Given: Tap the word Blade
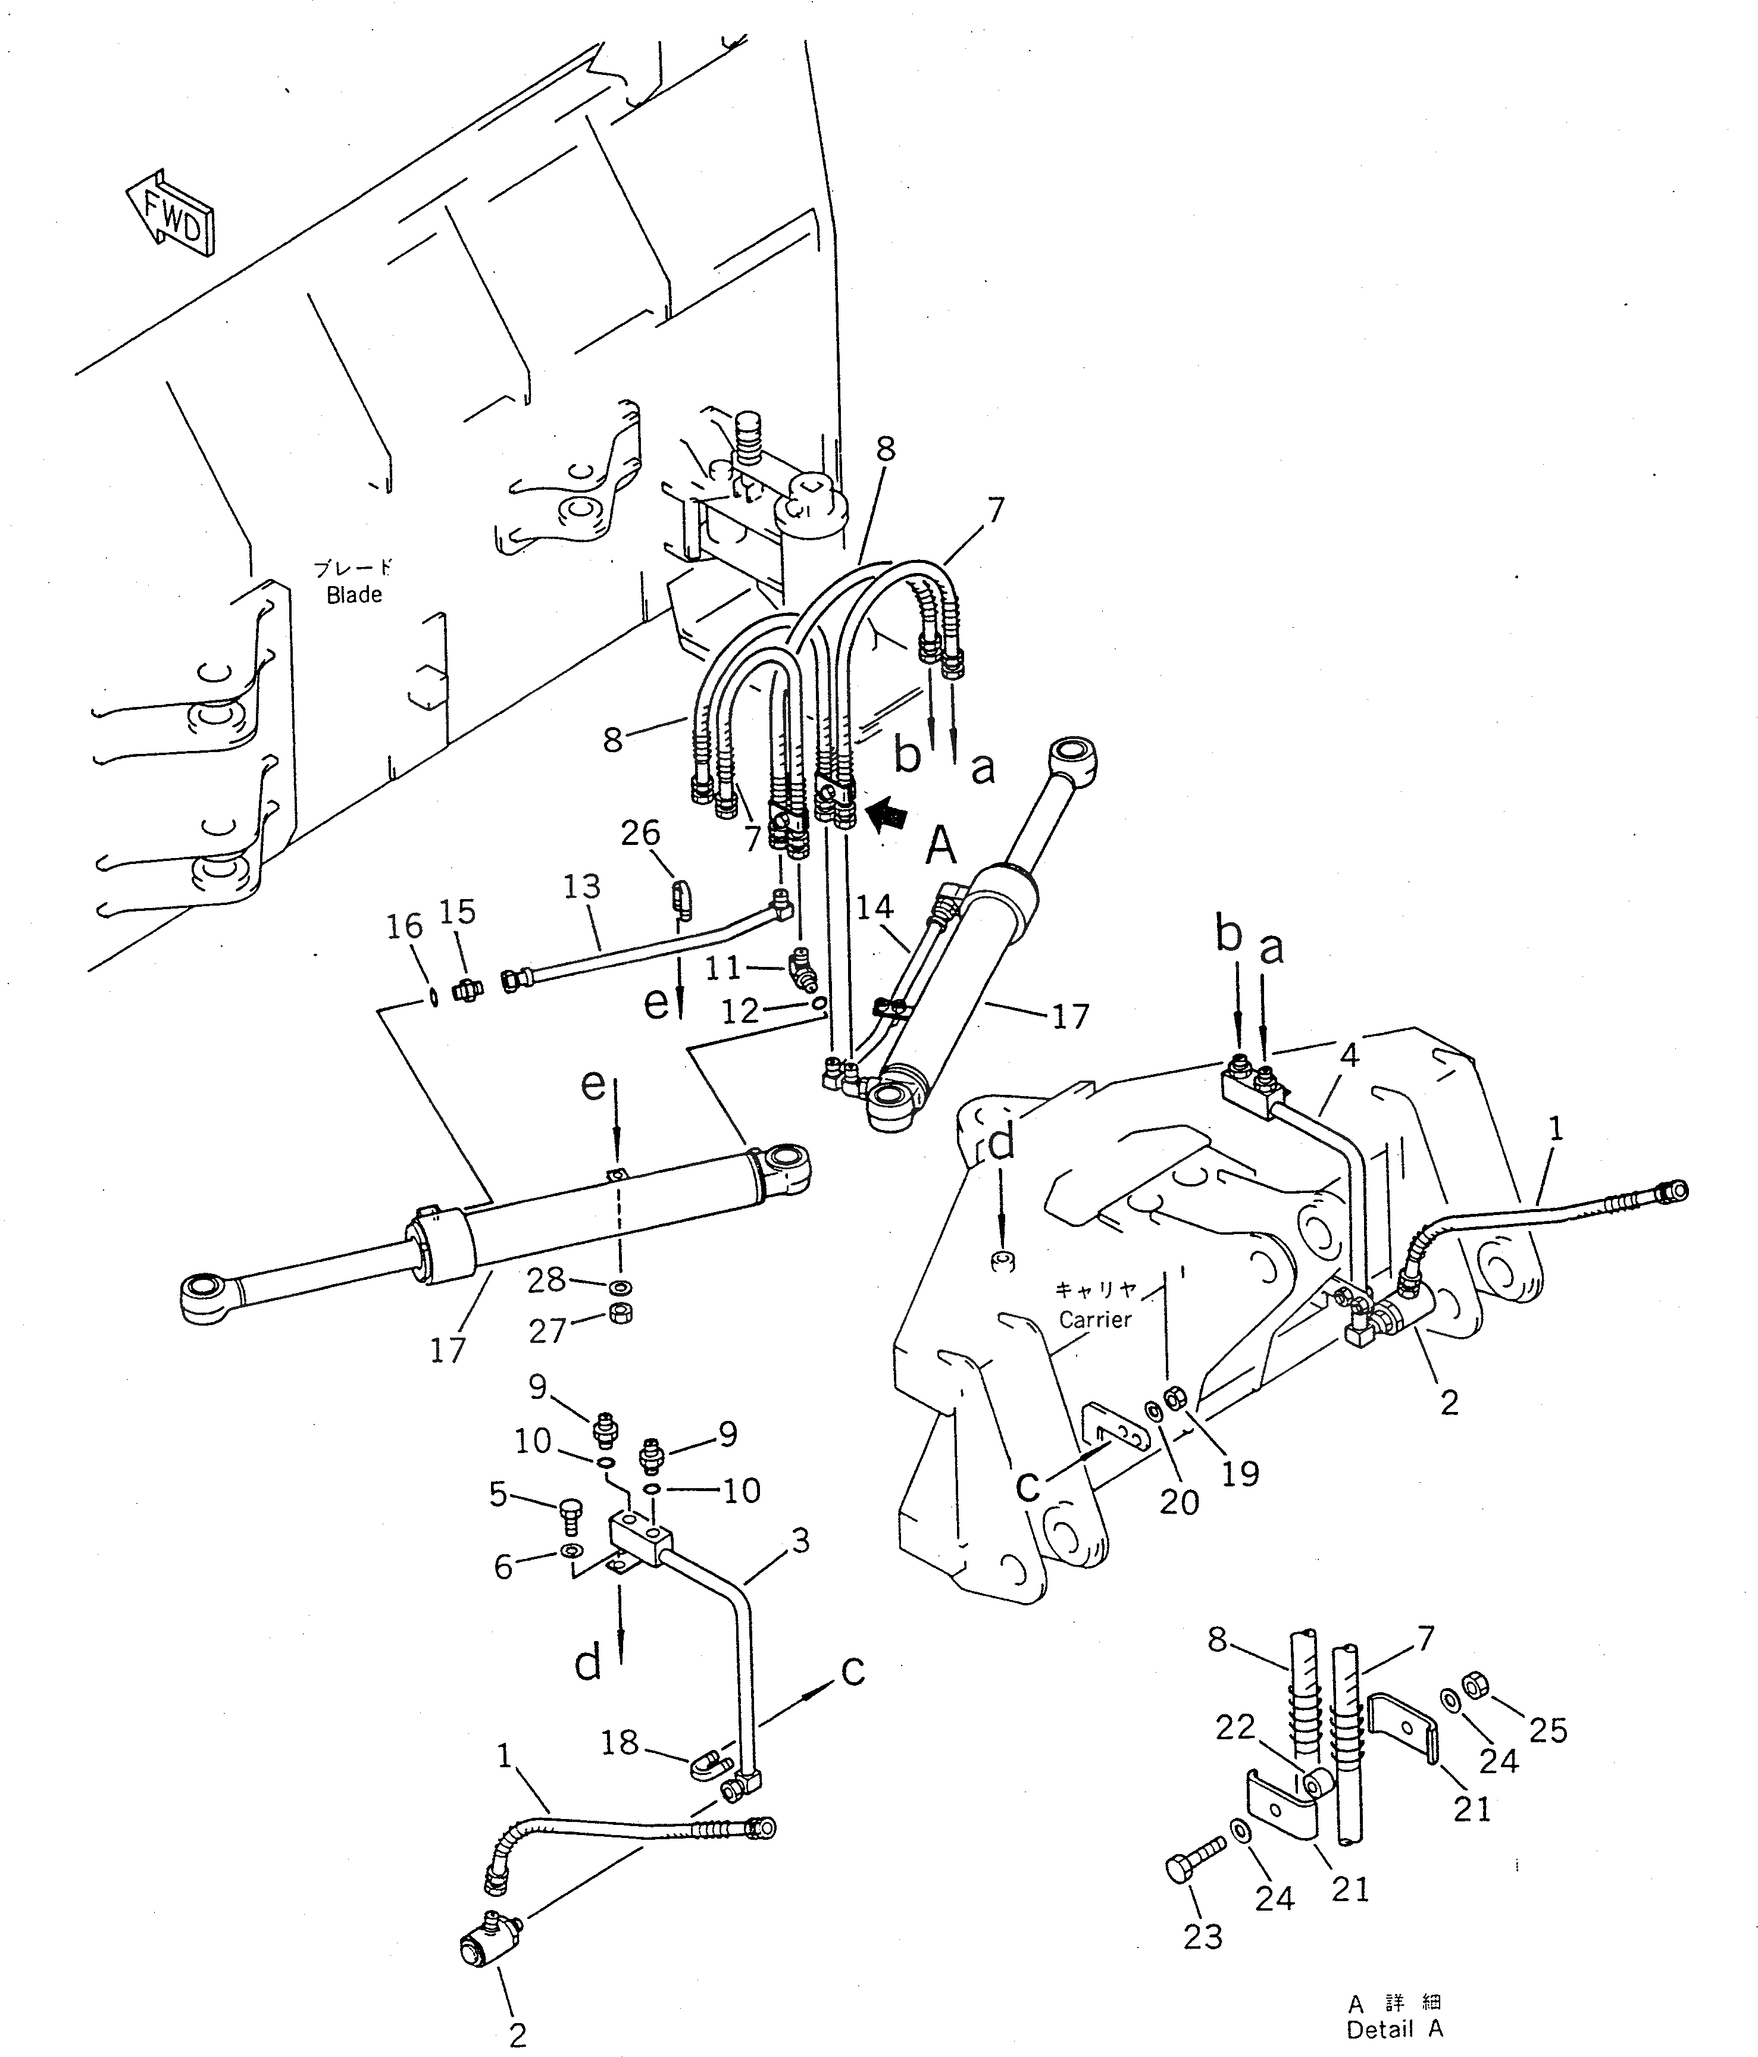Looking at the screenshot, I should point(354,594).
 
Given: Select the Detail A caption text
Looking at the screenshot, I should point(1395,2029).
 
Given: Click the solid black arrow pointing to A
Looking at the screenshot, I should point(887,815).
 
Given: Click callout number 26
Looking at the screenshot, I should point(640,833).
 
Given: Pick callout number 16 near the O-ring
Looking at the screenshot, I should point(404,926).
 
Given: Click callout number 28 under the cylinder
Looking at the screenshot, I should point(546,1280).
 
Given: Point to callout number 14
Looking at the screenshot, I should point(874,906).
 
